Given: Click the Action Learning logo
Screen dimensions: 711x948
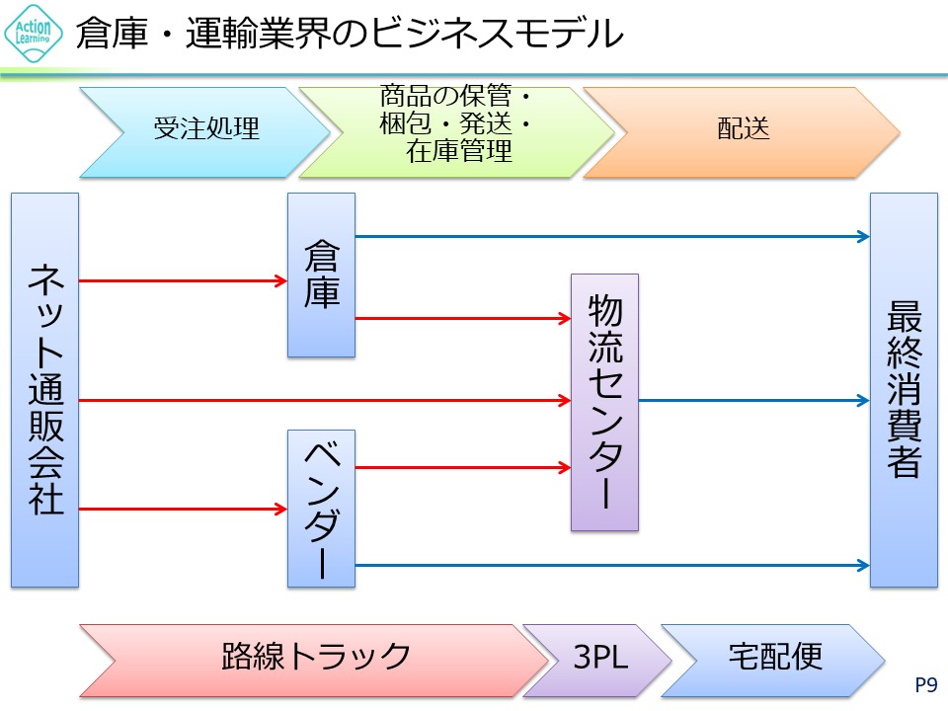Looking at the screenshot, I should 34,36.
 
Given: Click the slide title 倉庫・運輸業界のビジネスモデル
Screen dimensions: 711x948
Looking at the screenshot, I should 350,35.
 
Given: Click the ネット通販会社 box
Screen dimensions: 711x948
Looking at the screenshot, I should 45,390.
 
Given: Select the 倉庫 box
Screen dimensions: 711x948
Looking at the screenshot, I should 321,275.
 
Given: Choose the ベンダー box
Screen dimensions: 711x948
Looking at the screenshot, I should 321,509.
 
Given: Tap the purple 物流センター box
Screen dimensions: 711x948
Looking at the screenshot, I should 604,402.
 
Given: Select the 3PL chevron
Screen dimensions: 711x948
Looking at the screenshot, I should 598,656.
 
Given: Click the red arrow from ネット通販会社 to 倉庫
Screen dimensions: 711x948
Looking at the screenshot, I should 183,281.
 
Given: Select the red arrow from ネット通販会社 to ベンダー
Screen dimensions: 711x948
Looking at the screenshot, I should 183,509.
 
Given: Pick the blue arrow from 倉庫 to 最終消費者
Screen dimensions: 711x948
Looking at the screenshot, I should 612,236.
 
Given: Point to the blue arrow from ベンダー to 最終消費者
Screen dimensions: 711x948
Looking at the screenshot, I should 612,565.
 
